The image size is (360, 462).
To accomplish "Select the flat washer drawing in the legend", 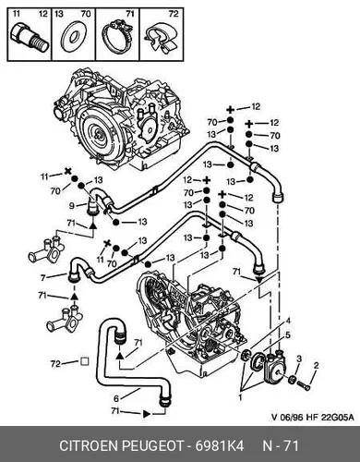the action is coord(73,38).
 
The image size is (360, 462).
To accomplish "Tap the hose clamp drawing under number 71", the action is coord(116,38).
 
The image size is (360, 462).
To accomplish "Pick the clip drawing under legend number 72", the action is coord(162,38).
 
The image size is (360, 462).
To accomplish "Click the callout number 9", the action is coord(72,205).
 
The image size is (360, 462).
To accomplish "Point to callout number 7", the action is coord(43,278).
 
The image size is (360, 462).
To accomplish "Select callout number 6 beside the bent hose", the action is coord(116,398).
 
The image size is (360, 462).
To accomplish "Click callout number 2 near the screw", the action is coord(316,366).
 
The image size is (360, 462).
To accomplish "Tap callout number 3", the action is coord(299,359).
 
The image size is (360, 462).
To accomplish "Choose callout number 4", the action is coord(288,321).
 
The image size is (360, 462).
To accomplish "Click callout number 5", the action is coord(288,335).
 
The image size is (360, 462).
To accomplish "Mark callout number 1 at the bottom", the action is coord(240,397).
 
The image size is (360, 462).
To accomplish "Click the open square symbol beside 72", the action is coord(84,361).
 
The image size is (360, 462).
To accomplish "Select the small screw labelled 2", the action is coord(304,384).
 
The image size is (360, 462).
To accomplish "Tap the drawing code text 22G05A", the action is coord(337,418).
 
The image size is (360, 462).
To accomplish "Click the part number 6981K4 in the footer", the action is coord(221,445).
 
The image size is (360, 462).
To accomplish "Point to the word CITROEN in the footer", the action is coord(90,445).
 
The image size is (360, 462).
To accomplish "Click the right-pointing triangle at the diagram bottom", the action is coord(147,414).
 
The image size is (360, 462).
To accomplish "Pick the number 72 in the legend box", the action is coord(174,14).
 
